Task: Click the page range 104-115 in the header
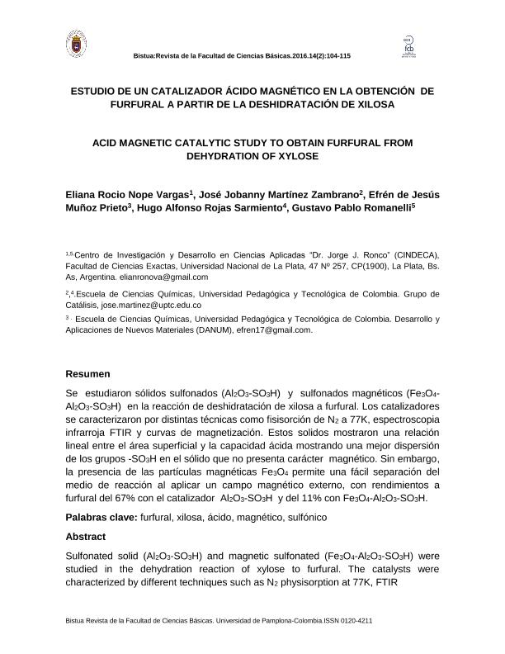[334, 55]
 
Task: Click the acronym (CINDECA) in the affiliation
[413, 254]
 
